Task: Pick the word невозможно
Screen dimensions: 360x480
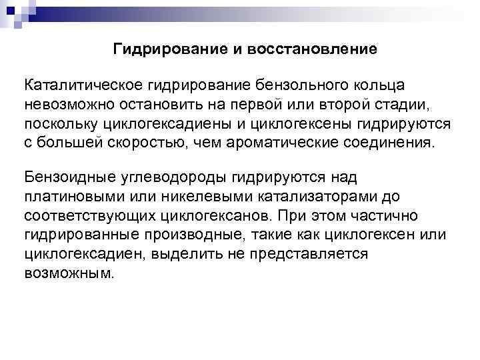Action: [65, 105]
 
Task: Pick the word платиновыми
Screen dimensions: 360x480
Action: [67, 197]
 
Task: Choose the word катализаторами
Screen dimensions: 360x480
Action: [302, 197]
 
